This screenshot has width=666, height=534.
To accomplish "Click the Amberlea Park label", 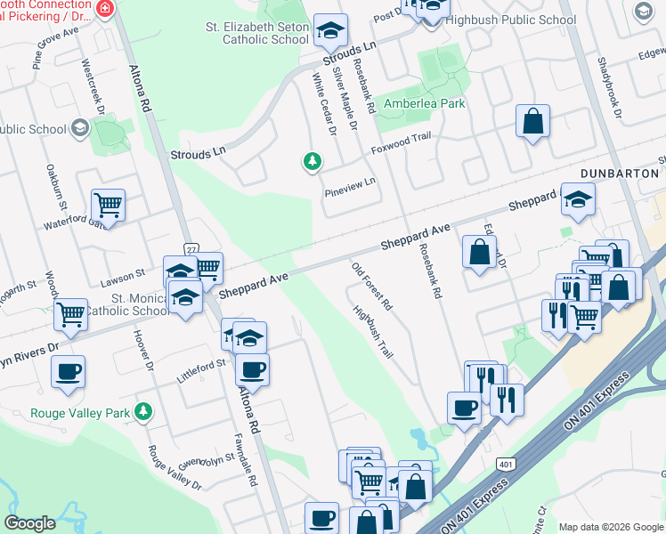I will tap(424, 103).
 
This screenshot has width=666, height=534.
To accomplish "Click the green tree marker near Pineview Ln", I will tap(312, 161).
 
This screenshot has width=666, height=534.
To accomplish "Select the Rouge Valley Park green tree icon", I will tap(142, 411).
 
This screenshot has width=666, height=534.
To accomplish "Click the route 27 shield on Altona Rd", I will tap(191, 248).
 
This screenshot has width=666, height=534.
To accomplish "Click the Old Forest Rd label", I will tap(372, 286).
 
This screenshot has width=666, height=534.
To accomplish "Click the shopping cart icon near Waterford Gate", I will tap(108, 206).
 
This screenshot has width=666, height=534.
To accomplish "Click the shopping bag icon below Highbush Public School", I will tap(532, 122).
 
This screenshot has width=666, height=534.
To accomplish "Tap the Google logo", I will tap(30, 523).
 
